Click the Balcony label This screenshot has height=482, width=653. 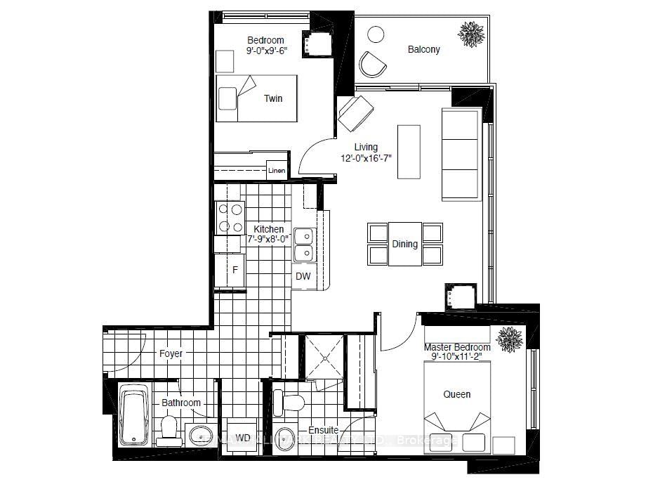click(423, 49)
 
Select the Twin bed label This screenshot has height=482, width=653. click(273, 98)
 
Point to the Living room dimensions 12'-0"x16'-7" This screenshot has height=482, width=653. click(366, 157)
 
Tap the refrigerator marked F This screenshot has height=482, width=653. click(235, 268)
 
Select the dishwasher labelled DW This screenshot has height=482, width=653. click(303, 276)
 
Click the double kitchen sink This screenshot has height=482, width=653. click(303, 244)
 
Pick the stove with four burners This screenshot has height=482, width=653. click(229, 217)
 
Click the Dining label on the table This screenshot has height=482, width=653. click(405, 244)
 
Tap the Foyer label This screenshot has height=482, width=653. click(171, 353)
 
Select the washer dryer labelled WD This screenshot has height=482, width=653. click(243, 438)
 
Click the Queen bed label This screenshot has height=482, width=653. click(456, 394)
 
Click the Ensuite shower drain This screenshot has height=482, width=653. click(325, 358)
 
